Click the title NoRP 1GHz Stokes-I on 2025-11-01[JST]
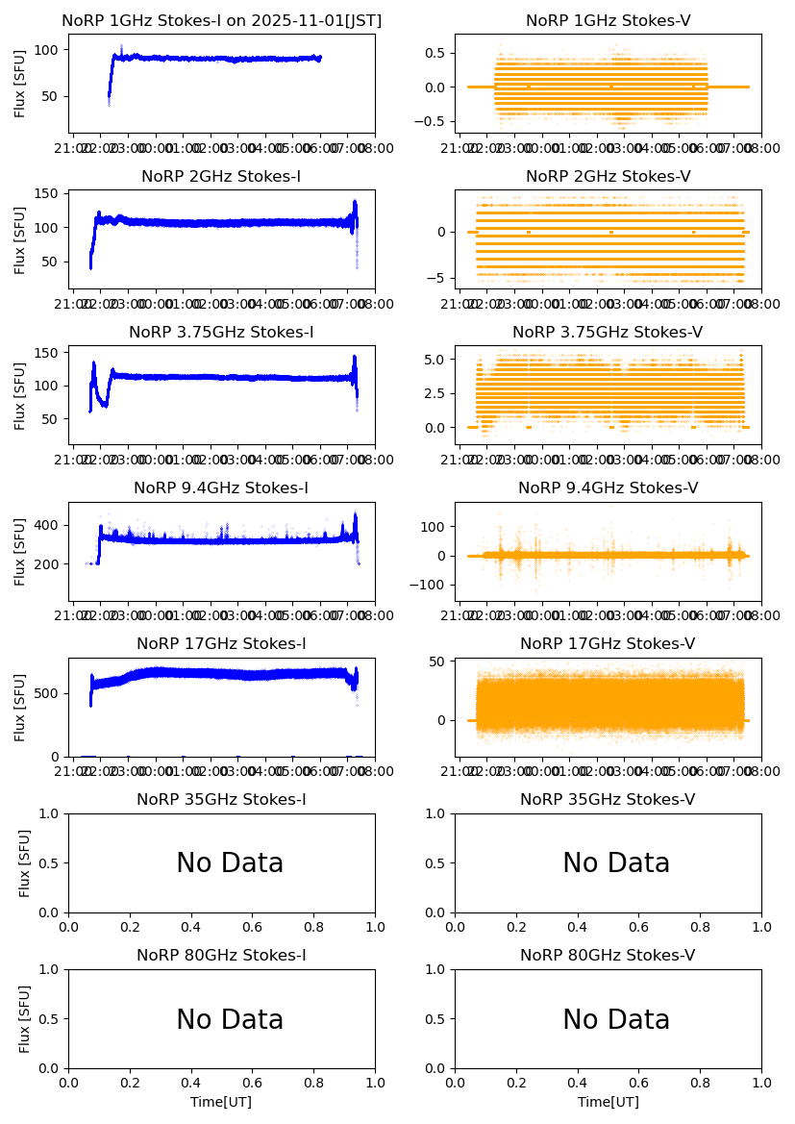click(x=221, y=21)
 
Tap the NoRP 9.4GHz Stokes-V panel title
click(x=608, y=488)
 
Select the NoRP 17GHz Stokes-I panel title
click(x=221, y=644)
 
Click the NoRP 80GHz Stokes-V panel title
click(x=608, y=956)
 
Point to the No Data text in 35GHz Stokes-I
click(x=230, y=863)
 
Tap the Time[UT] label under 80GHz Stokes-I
click(x=221, y=1102)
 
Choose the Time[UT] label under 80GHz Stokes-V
click(x=608, y=1102)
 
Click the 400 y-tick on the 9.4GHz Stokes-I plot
click(x=50, y=525)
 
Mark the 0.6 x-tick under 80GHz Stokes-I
click(x=252, y=1083)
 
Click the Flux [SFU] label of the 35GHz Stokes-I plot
click(x=26, y=862)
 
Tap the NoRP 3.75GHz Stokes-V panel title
click(x=608, y=333)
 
